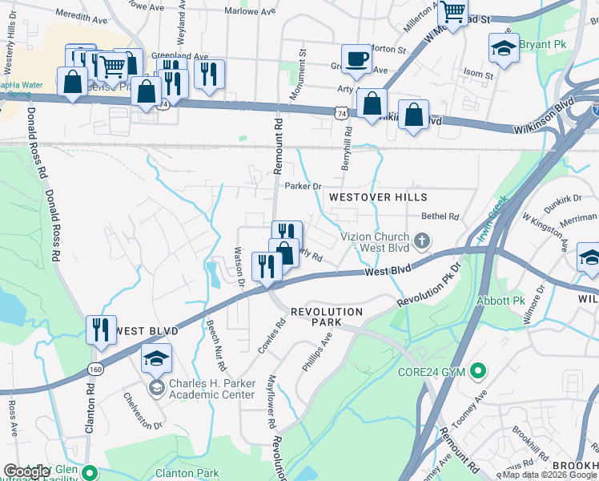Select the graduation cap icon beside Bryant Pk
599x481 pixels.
(x=503, y=48)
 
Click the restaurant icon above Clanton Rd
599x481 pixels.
(x=101, y=329)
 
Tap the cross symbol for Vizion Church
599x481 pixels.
(x=423, y=240)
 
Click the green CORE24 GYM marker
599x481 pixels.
(x=478, y=371)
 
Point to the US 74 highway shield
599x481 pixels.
(x=342, y=114)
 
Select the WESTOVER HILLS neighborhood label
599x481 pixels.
(x=378, y=197)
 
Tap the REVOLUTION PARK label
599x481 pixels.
(x=327, y=317)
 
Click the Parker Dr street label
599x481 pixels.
(x=303, y=186)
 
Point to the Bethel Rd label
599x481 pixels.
(x=440, y=216)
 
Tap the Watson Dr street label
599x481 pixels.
(x=239, y=266)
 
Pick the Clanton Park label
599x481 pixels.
(x=188, y=473)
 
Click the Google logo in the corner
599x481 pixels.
(x=27, y=471)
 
